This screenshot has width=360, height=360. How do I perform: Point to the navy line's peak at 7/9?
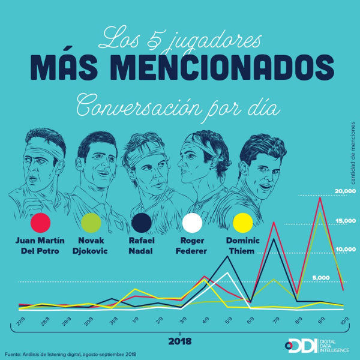(x=274, y=239)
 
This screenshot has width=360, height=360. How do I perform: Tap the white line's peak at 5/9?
(x=227, y=273)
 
